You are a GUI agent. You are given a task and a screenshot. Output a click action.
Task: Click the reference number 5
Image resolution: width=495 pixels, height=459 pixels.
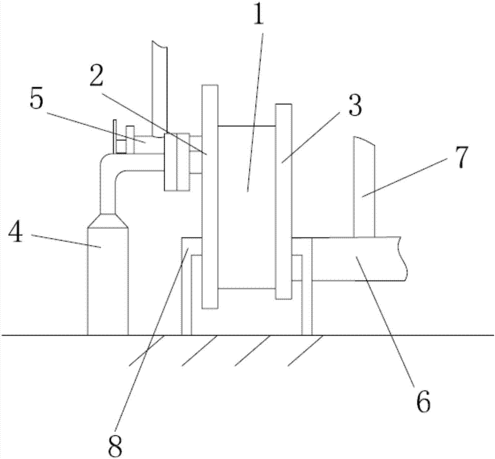tap(37, 101)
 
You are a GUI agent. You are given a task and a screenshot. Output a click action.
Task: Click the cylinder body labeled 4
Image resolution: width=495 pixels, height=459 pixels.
tap(108, 287)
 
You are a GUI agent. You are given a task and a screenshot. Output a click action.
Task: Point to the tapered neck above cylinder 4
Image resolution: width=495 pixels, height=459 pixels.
tap(108, 221)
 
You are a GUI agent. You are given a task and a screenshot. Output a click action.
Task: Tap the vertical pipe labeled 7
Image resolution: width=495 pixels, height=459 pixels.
tap(364, 188)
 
